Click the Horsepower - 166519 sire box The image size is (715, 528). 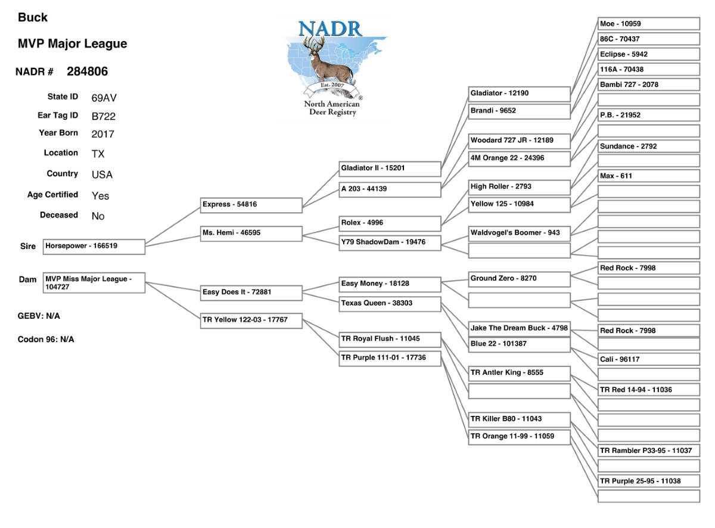click(x=94, y=247)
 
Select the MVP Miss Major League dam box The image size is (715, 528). click(x=94, y=283)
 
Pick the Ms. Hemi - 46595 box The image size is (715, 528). click(x=251, y=234)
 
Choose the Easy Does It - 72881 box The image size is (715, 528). click(x=251, y=293)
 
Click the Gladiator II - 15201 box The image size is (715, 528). click(x=390, y=169)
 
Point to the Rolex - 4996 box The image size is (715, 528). click(x=390, y=223)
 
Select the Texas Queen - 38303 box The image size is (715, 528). click(x=390, y=303)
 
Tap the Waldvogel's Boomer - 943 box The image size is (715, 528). click(x=520, y=234)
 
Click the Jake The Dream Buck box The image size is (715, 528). click(x=520, y=328)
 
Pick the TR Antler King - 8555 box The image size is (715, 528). click(x=520, y=374)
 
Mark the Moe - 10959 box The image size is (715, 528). click(x=648, y=24)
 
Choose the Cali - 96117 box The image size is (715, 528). click(x=648, y=360)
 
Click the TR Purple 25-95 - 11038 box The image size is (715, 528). click(x=648, y=482)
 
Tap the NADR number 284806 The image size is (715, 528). click(x=87, y=72)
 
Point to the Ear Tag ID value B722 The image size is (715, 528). click(x=104, y=116)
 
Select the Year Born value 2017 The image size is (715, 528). click(x=103, y=134)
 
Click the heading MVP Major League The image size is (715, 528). click(x=72, y=44)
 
